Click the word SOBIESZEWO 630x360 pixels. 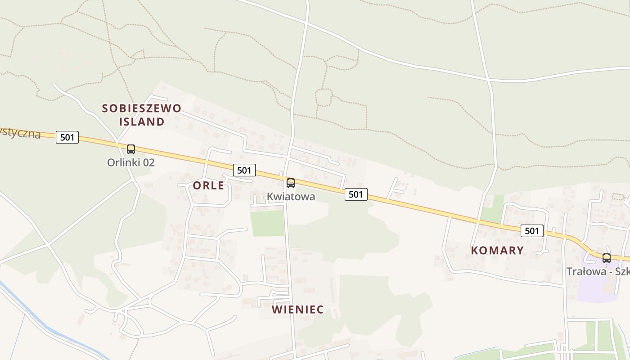pyautogui.click(x=141, y=108)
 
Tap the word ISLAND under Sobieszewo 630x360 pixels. pyautogui.click(x=141, y=121)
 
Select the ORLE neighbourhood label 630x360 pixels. pyautogui.click(x=208, y=185)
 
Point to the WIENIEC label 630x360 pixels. pyautogui.click(x=297, y=310)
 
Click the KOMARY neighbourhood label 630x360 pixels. pyautogui.click(x=497, y=251)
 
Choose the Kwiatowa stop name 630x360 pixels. pyautogui.click(x=291, y=197)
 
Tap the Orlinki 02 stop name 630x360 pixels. pyautogui.click(x=130, y=162)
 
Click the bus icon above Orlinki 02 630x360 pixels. pyautogui.click(x=130, y=149)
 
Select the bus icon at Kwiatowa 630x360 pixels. pyautogui.click(x=291, y=183)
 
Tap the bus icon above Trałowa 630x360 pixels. pyautogui.click(x=607, y=258)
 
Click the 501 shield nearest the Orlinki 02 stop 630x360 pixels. pyautogui.click(x=67, y=137)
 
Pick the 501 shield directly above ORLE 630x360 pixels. pyautogui.click(x=244, y=170)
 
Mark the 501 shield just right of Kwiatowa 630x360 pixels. pyautogui.click(x=356, y=194)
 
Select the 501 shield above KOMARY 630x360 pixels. pyautogui.click(x=532, y=231)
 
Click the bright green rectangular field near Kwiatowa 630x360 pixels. pyautogui.click(x=268, y=223)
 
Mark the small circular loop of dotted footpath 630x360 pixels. pyautogui.click(x=324, y=97)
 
